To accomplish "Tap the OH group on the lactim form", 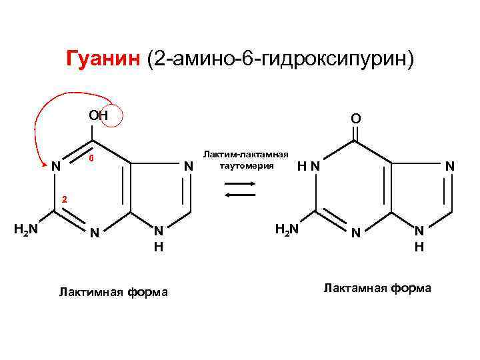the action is [x=99, y=115].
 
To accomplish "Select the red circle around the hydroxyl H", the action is [x=110, y=115].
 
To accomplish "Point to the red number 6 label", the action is [x=92, y=160].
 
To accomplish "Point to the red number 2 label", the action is [x=65, y=199].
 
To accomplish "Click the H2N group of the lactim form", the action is [x=25, y=229].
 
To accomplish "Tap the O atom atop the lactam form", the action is [x=356, y=119].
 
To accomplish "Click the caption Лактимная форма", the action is [x=113, y=291].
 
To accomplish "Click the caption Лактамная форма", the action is [x=377, y=288].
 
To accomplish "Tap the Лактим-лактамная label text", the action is [x=246, y=153].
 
